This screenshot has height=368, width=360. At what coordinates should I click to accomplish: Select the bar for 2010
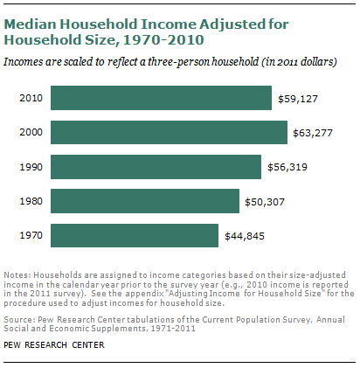161,98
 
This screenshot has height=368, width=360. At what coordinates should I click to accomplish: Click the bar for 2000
169,132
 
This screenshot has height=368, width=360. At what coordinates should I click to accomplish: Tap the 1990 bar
156,167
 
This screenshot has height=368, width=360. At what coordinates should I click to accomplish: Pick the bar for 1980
145,201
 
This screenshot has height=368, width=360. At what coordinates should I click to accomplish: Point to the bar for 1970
135,235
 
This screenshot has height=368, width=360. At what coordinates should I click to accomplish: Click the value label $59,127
298,99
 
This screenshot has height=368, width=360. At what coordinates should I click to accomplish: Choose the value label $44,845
246,236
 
